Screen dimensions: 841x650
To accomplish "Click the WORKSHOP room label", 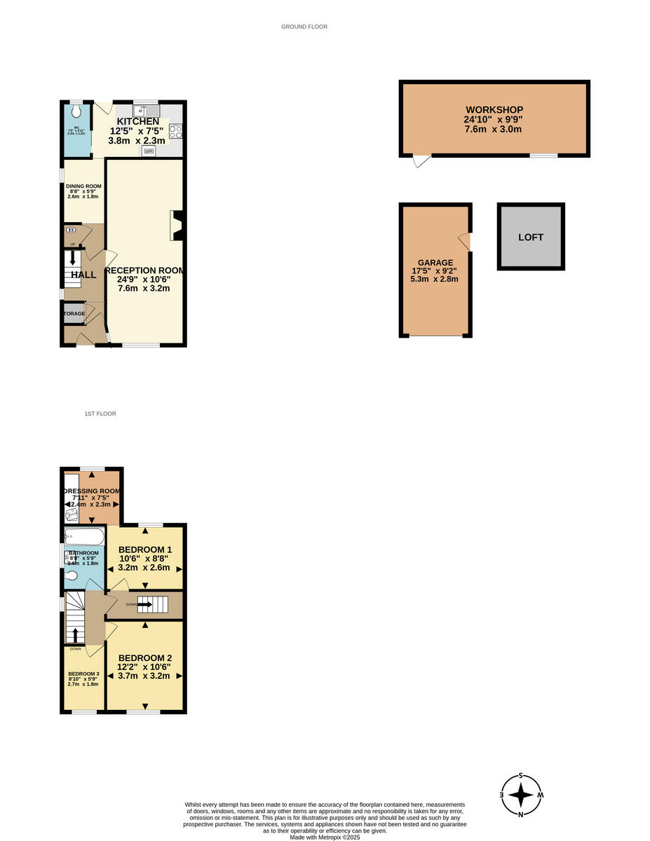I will coord(494,110).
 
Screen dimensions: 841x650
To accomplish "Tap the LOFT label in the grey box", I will coord(531,238).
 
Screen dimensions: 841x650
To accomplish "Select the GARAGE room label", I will coord(435,263).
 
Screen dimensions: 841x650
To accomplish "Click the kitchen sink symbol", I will coord(146,110).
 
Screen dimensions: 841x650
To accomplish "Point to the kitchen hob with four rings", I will coord(175,131).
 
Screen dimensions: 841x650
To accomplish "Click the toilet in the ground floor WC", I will coord(76,111).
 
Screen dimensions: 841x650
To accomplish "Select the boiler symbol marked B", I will coord(70,230).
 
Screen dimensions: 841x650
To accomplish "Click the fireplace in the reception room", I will coord(178,226).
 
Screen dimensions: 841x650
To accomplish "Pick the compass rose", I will coord(521,795).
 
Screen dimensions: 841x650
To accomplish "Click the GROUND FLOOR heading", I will coord(304,27).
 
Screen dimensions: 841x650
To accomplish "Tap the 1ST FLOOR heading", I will coord(100,414).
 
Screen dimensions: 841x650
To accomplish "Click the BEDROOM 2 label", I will coord(144,658).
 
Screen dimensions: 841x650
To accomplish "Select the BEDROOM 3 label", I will coord(83,674).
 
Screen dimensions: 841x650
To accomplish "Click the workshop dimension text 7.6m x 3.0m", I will coord(494,130).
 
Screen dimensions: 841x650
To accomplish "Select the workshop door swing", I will coord(421,160).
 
